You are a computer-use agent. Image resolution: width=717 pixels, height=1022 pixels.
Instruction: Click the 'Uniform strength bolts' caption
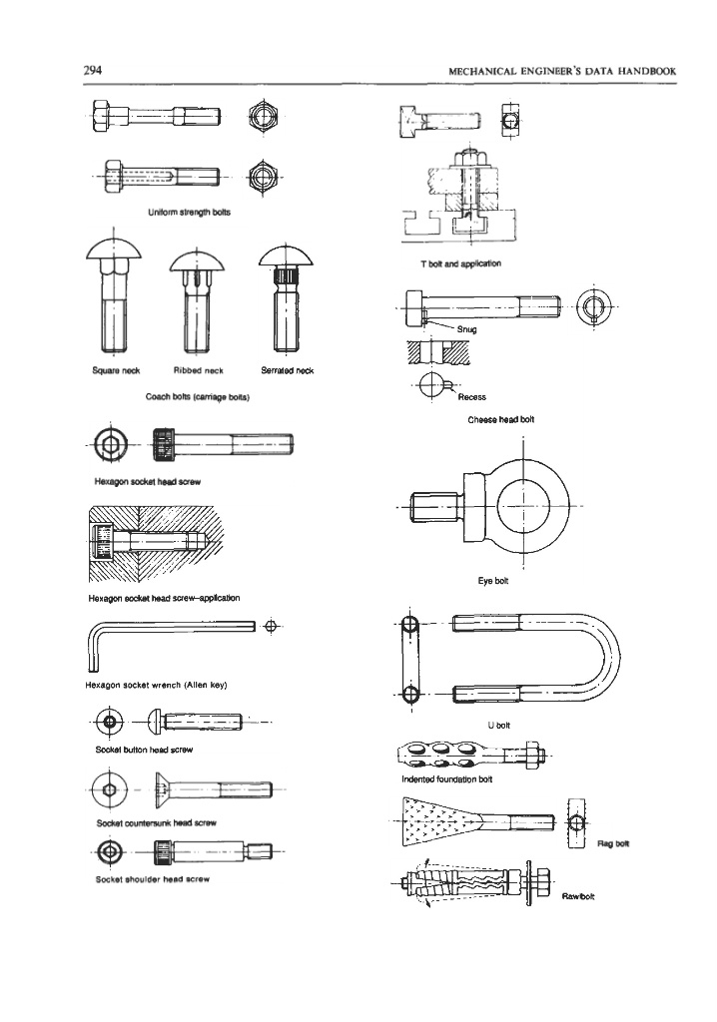(189, 212)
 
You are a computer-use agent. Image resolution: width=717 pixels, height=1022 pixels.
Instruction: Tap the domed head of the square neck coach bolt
(114, 248)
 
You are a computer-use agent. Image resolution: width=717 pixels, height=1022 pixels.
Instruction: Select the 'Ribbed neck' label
(199, 370)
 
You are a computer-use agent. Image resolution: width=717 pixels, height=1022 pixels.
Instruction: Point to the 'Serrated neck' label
(287, 370)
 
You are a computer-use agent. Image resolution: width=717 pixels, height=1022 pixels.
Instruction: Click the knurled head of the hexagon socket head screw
(164, 444)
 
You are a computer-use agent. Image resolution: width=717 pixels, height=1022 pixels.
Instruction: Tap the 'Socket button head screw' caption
(144, 750)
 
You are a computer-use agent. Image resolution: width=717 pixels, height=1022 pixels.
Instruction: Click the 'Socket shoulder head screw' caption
(153, 879)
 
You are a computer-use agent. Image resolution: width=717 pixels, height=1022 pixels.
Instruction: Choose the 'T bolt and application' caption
(460, 263)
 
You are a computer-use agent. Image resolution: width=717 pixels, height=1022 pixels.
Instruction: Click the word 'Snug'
(467, 329)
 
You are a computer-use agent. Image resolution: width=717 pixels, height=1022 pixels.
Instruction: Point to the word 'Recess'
(471, 397)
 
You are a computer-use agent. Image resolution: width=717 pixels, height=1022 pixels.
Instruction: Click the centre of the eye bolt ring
(522, 506)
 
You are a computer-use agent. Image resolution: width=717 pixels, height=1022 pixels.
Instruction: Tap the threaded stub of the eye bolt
(433, 506)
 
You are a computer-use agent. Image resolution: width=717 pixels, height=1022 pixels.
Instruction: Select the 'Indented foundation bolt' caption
(447, 778)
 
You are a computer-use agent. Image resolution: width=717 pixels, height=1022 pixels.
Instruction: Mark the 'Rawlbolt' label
(578, 896)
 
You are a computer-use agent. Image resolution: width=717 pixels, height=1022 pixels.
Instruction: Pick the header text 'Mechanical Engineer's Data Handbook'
(562, 71)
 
